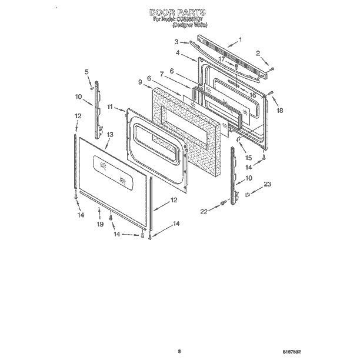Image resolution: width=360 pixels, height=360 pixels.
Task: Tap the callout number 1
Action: (x=241, y=40)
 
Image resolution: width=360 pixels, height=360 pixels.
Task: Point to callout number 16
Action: (x=252, y=94)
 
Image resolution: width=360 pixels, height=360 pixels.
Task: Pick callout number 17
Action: (x=222, y=59)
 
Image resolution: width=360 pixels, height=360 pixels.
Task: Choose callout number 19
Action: (x=99, y=224)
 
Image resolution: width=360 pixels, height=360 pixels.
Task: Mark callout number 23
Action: (x=268, y=185)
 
